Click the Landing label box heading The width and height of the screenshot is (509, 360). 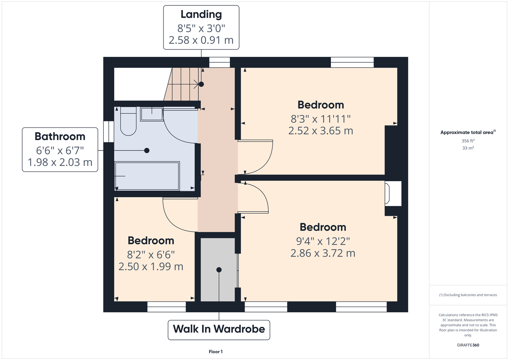click(x=201, y=14)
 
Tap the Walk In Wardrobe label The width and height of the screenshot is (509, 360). click(x=219, y=329)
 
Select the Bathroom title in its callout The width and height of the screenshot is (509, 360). click(x=60, y=136)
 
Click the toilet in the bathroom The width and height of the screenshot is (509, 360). click(x=128, y=121)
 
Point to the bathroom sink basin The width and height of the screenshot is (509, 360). click(x=152, y=114)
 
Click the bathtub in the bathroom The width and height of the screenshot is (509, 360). click(x=147, y=176)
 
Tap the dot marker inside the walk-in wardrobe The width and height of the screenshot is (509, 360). click(x=219, y=270)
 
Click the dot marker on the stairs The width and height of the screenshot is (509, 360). click(x=201, y=84)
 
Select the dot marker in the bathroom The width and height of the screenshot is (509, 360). click(x=147, y=150)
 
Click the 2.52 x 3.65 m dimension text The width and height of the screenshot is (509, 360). click(x=321, y=131)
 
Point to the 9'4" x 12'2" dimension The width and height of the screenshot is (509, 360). click(x=323, y=241)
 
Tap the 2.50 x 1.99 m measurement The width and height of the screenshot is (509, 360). click(x=151, y=267)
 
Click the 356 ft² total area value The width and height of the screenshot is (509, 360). click(x=468, y=141)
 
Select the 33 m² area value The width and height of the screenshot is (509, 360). click(x=468, y=148)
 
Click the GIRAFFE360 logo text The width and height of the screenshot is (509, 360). click(x=468, y=345)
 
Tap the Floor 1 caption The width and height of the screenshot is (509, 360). click(x=216, y=352)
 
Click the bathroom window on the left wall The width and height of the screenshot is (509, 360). click(x=109, y=132)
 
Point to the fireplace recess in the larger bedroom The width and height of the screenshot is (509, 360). click(x=393, y=194)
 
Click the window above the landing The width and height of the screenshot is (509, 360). click(x=219, y=62)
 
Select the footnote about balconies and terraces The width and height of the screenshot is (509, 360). click(x=468, y=295)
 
